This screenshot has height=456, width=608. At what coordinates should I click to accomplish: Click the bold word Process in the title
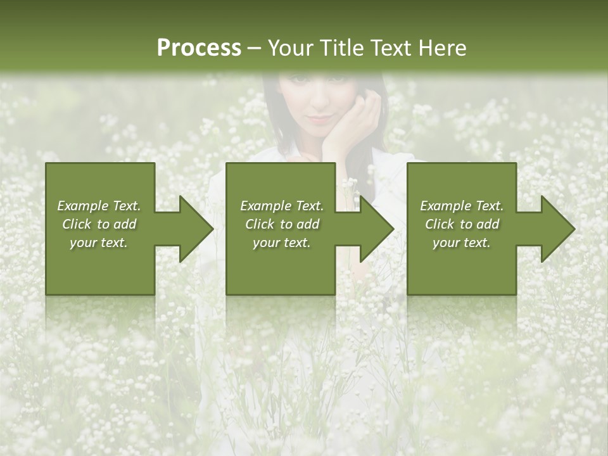[199, 48]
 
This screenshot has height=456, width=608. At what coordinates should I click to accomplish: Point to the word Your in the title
[291, 48]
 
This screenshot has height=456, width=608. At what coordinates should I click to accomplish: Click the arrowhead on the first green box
[194, 229]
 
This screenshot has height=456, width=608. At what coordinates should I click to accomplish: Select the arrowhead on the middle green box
[374, 229]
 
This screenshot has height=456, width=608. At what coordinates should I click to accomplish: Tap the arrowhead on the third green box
[555, 229]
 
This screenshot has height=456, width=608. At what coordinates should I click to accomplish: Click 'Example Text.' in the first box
[99, 206]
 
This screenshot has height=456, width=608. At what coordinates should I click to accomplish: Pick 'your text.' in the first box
[99, 243]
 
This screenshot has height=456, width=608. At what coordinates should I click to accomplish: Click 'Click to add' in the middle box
[282, 224]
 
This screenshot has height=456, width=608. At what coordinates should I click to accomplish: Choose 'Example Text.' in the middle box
[282, 206]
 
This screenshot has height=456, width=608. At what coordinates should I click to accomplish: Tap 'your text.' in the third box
[462, 243]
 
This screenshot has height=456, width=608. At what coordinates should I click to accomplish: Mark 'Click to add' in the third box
[462, 224]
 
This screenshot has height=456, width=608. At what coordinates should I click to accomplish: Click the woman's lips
[320, 118]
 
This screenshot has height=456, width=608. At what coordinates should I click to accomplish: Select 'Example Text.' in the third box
[462, 206]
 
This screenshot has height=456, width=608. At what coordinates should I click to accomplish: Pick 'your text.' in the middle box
[282, 243]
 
